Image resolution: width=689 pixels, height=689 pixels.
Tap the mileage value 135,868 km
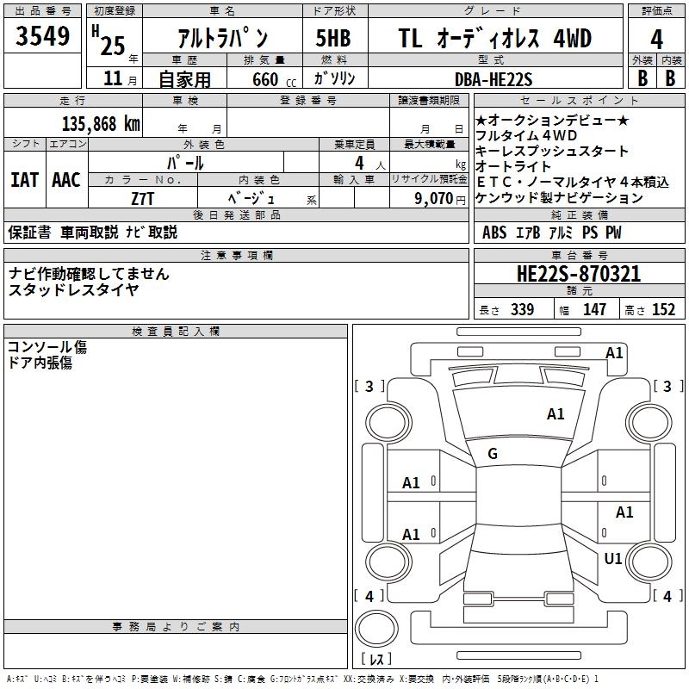tap(101, 123)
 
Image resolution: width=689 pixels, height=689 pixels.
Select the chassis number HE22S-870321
tap(578, 274)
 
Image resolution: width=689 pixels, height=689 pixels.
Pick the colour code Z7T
tap(143, 197)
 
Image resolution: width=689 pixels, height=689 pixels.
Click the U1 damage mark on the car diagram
tap(612, 559)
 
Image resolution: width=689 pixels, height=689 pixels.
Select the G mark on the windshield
tap(493, 454)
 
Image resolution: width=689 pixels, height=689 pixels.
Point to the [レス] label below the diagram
tap(377, 660)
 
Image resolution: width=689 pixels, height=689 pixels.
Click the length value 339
tap(522, 310)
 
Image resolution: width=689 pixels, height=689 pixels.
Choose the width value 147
tap(594, 310)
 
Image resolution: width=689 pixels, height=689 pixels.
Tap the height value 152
tap(663, 310)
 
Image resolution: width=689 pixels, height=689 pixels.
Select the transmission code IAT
tap(24, 180)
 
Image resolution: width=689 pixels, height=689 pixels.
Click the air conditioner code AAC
tap(66, 180)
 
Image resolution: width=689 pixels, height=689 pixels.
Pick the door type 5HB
tap(333, 39)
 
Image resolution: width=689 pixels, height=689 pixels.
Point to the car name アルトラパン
tap(221, 39)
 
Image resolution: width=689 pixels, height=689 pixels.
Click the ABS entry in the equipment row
tap(494, 233)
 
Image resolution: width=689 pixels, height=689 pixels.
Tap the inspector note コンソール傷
tap(47, 347)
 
